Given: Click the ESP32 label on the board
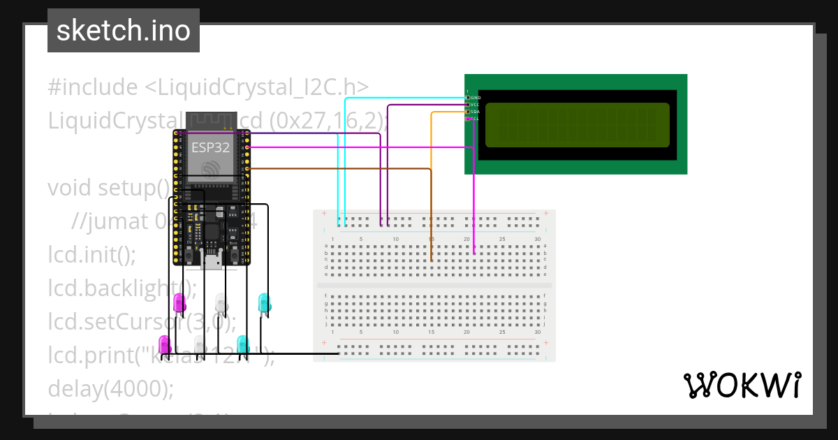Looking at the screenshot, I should point(210,147).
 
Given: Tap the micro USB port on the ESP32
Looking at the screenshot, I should point(212,262).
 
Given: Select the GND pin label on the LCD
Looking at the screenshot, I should point(476,98).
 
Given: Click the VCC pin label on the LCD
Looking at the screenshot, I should point(476,105).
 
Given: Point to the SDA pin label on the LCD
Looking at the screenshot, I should point(476,112).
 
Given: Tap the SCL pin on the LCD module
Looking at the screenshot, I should point(469,119).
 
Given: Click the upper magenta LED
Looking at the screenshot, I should point(179,302).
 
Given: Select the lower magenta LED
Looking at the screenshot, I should point(165,344).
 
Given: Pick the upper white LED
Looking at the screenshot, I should point(221,302).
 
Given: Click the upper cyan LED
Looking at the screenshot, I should point(264,302).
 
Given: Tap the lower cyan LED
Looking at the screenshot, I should point(242,344).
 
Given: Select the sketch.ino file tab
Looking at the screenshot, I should point(124,31).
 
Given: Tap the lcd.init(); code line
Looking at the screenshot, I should point(91,254).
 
